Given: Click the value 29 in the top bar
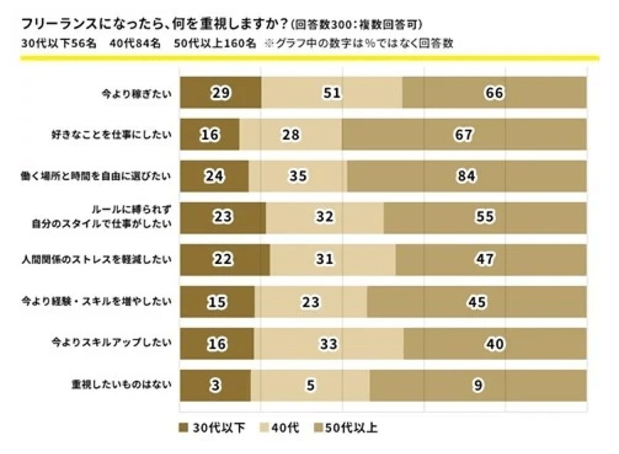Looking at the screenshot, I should coord(220,93).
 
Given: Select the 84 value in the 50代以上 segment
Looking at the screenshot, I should coord(466,176).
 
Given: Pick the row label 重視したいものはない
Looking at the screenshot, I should coord(122,386).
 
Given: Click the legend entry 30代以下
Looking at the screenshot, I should coord(216,428).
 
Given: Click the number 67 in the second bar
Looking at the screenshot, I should coord(464,135).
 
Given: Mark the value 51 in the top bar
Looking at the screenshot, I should coord(331,93).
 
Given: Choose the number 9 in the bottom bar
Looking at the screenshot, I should coord(478,386).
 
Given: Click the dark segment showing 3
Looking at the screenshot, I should coord(215,386).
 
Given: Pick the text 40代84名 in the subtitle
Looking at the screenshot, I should coord(134,43).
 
